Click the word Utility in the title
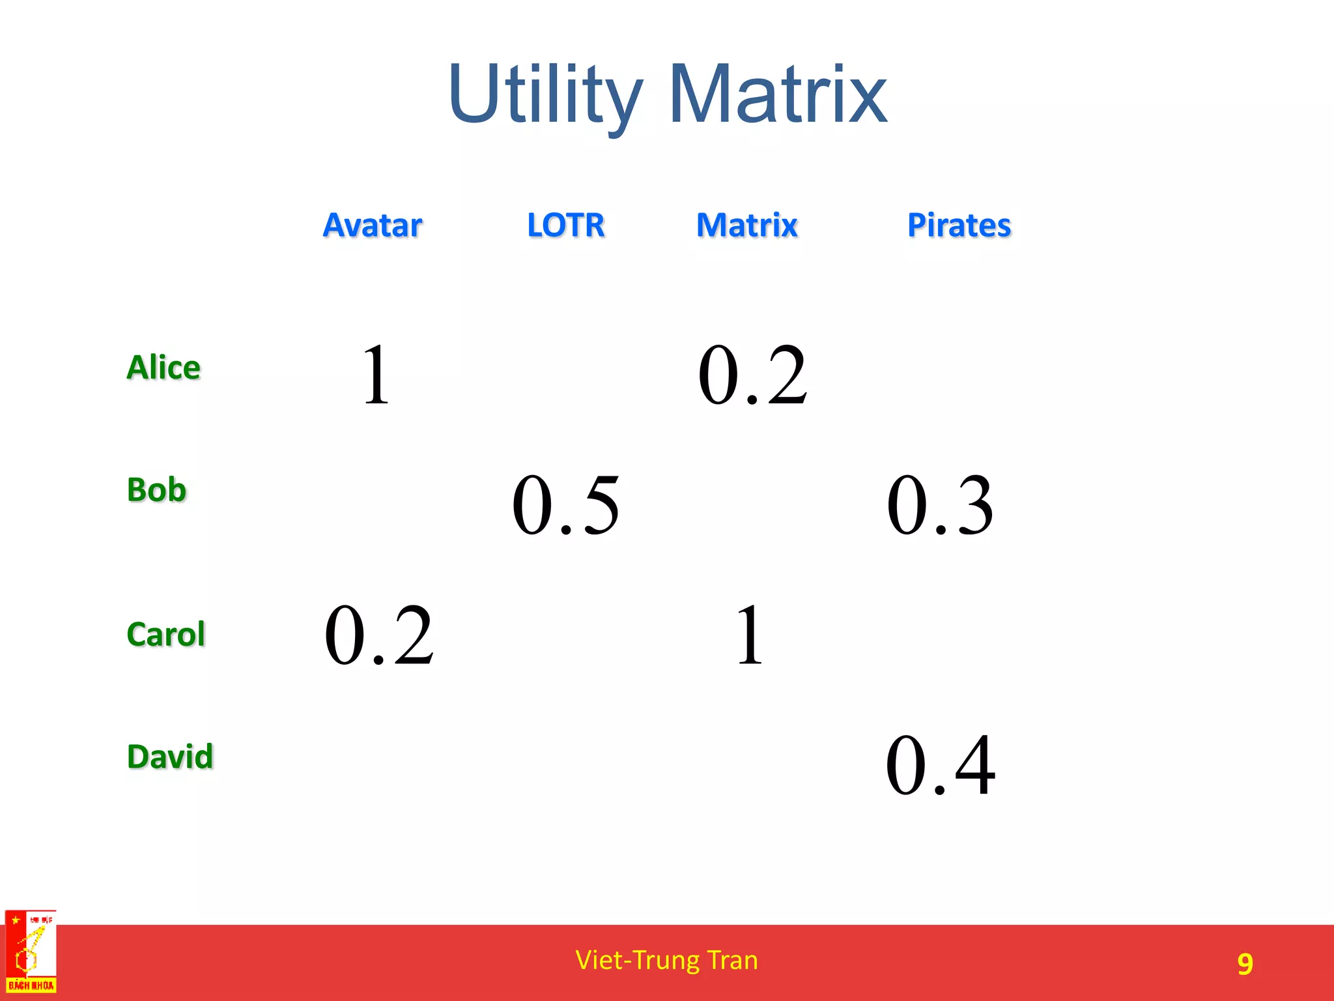[545, 94]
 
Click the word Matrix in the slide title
[778, 94]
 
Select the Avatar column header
[373, 225]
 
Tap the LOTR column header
[565, 225]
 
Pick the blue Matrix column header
[746, 225]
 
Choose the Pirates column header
[959, 225]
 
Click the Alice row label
[163, 368]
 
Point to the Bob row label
[156, 490]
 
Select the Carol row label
[165, 635]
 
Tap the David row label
[170, 757]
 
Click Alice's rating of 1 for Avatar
[376, 375]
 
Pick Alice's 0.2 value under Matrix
[752, 375]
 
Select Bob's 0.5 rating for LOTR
[565, 505]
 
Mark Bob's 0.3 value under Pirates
[940, 505]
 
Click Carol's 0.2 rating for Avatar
[379, 635]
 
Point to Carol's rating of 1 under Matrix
[749, 635]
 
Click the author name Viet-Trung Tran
[666, 961]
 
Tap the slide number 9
[1245, 964]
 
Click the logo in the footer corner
[31, 952]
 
